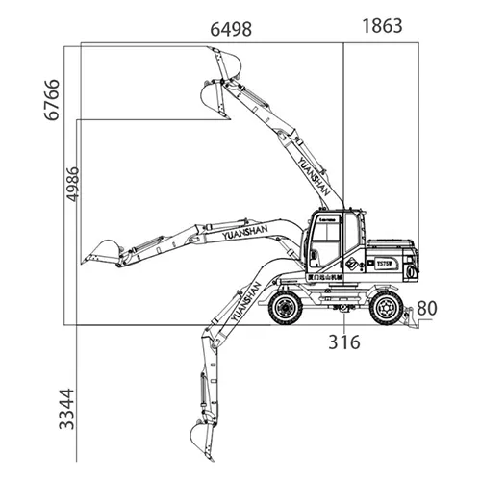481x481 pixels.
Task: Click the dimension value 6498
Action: (231, 29)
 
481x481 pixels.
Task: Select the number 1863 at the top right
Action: (382, 27)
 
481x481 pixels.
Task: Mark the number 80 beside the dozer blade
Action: (427, 310)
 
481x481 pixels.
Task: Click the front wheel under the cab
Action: (287, 307)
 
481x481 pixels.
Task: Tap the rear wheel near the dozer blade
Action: (387, 307)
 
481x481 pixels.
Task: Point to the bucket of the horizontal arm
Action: (101, 252)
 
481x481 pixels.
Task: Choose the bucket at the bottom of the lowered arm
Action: (201, 443)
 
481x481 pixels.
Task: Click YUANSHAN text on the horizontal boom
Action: (248, 233)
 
